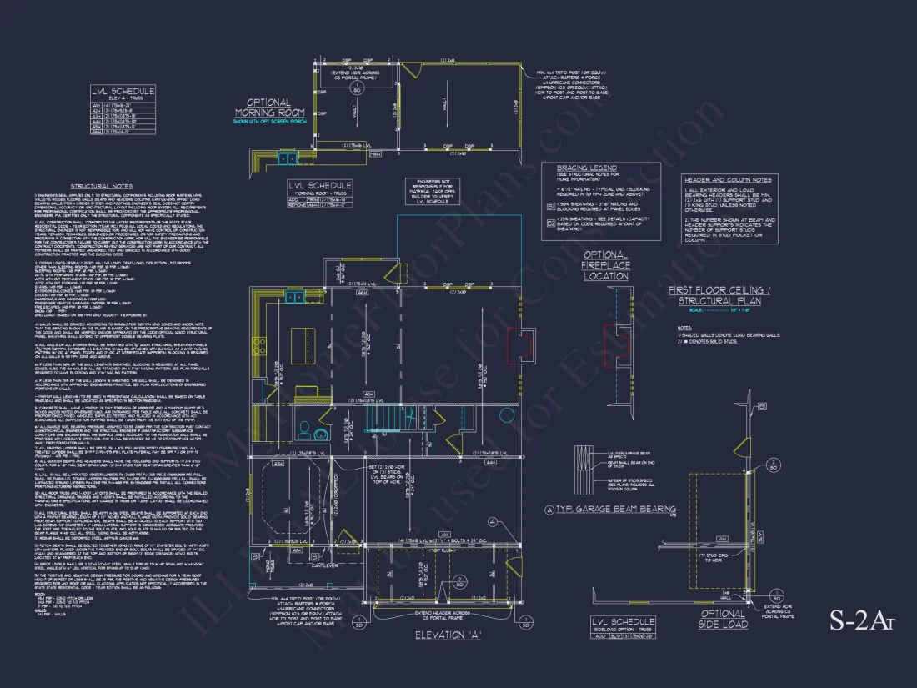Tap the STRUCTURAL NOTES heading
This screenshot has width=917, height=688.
tap(101, 187)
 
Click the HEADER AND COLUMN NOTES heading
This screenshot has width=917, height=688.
tap(728, 179)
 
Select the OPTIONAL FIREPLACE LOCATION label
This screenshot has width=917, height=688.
tap(605, 265)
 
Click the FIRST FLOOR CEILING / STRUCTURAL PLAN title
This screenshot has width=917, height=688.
tap(730, 295)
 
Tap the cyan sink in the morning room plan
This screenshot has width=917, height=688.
tap(287, 158)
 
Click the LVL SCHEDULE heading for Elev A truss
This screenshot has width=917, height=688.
tap(122, 92)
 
